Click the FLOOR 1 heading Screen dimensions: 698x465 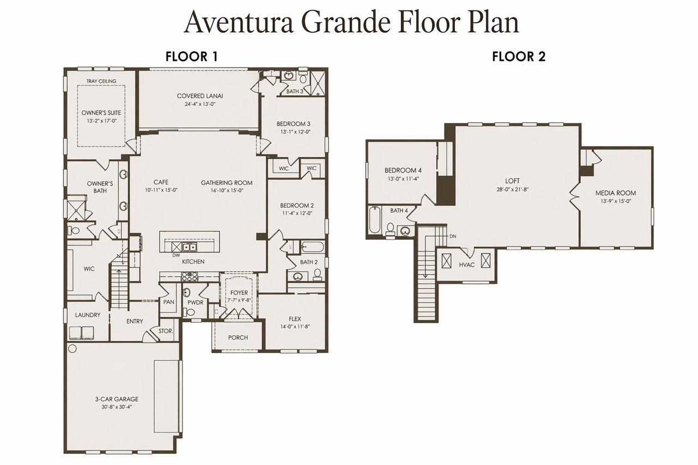click(x=191, y=57)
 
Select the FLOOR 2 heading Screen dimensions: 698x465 click(x=519, y=57)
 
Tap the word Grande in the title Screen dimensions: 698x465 click(x=346, y=22)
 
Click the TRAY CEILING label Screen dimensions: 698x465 click(x=101, y=81)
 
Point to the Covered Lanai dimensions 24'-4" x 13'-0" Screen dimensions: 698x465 click(x=200, y=104)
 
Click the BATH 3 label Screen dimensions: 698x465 click(x=294, y=91)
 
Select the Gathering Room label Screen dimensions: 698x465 click(x=226, y=183)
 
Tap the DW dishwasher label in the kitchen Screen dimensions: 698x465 click(x=176, y=255)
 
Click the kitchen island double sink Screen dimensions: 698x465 click(x=189, y=247)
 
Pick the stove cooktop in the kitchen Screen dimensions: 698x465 click(x=189, y=277)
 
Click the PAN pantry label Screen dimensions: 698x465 click(x=169, y=302)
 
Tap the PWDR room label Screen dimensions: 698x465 click(x=195, y=303)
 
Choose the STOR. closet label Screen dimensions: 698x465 click(x=165, y=331)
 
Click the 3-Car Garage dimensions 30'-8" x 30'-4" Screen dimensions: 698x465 click(x=117, y=407)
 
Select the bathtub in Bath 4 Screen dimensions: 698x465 click(x=375, y=220)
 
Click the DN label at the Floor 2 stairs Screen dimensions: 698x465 click(x=453, y=237)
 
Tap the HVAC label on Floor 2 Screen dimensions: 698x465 click(x=467, y=265)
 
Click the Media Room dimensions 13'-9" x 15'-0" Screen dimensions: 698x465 click(x=616, y=201)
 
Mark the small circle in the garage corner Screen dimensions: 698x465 click(x=73, y=349)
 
